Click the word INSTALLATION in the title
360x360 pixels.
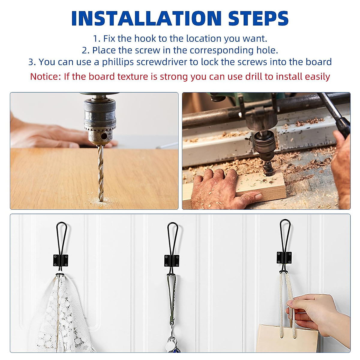click(146, 19)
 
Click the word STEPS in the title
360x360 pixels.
click(258, 19)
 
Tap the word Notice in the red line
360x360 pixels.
click(45, 77)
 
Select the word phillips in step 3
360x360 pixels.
click(118, 62)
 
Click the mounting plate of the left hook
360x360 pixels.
click(61, 260)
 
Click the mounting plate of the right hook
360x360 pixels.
click(284, 257)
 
